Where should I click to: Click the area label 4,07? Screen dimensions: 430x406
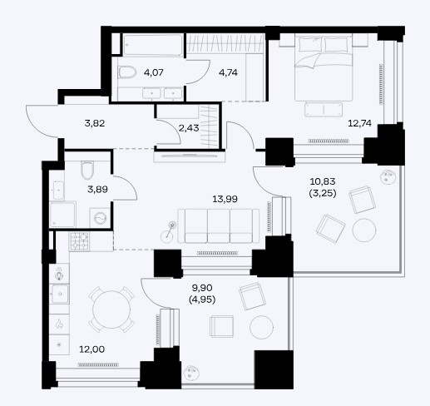154,72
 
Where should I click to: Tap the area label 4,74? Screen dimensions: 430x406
228,72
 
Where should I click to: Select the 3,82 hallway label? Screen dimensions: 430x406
95,123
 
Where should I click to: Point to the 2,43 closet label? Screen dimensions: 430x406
189,128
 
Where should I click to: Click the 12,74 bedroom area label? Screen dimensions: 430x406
359,123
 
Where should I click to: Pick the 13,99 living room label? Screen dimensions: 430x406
225,199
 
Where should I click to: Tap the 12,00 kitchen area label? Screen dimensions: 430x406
92,349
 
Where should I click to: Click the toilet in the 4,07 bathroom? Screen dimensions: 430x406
128,72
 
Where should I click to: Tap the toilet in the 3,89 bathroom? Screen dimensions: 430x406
86,170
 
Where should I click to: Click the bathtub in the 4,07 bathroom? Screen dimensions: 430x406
153,45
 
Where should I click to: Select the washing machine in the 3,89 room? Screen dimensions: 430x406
100,218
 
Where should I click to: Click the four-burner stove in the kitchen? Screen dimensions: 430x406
79,241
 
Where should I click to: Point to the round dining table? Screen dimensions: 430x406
111,309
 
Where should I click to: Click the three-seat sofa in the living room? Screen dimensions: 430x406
219,225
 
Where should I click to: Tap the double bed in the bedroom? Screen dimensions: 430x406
324,67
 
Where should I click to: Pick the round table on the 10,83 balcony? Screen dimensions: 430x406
364,230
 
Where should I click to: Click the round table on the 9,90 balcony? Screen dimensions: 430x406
261,327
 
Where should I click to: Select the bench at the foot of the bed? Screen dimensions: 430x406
324,110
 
